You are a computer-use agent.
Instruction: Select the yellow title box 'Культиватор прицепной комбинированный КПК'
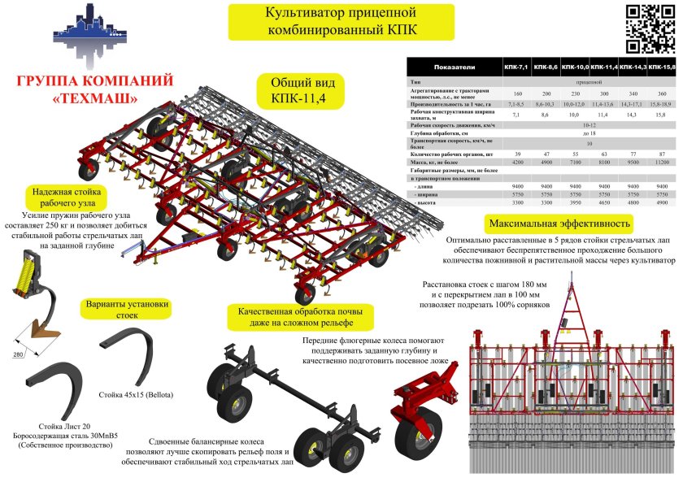coord(329,23)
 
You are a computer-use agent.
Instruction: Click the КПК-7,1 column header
coord(516,66)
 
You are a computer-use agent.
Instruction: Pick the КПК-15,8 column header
coord(662,66)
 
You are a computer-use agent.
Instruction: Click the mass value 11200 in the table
coord(661,162)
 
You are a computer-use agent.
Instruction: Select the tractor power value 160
coord(516,93)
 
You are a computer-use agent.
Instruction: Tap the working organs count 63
coord(603,153)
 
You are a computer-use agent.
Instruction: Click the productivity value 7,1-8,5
coord(516,106)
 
